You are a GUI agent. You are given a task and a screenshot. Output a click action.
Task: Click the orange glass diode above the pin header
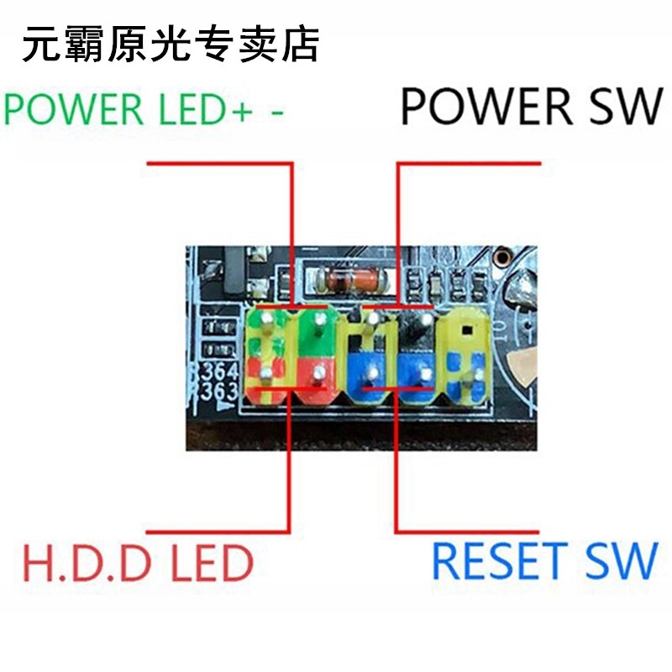[344, 277]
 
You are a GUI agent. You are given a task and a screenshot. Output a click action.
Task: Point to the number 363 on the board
[217, 391]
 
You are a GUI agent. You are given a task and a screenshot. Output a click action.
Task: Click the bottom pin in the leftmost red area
[265, 373]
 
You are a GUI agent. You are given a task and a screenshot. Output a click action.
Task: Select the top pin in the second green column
[318, 323]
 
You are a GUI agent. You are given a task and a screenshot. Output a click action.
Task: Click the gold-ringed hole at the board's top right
[502, 257]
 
